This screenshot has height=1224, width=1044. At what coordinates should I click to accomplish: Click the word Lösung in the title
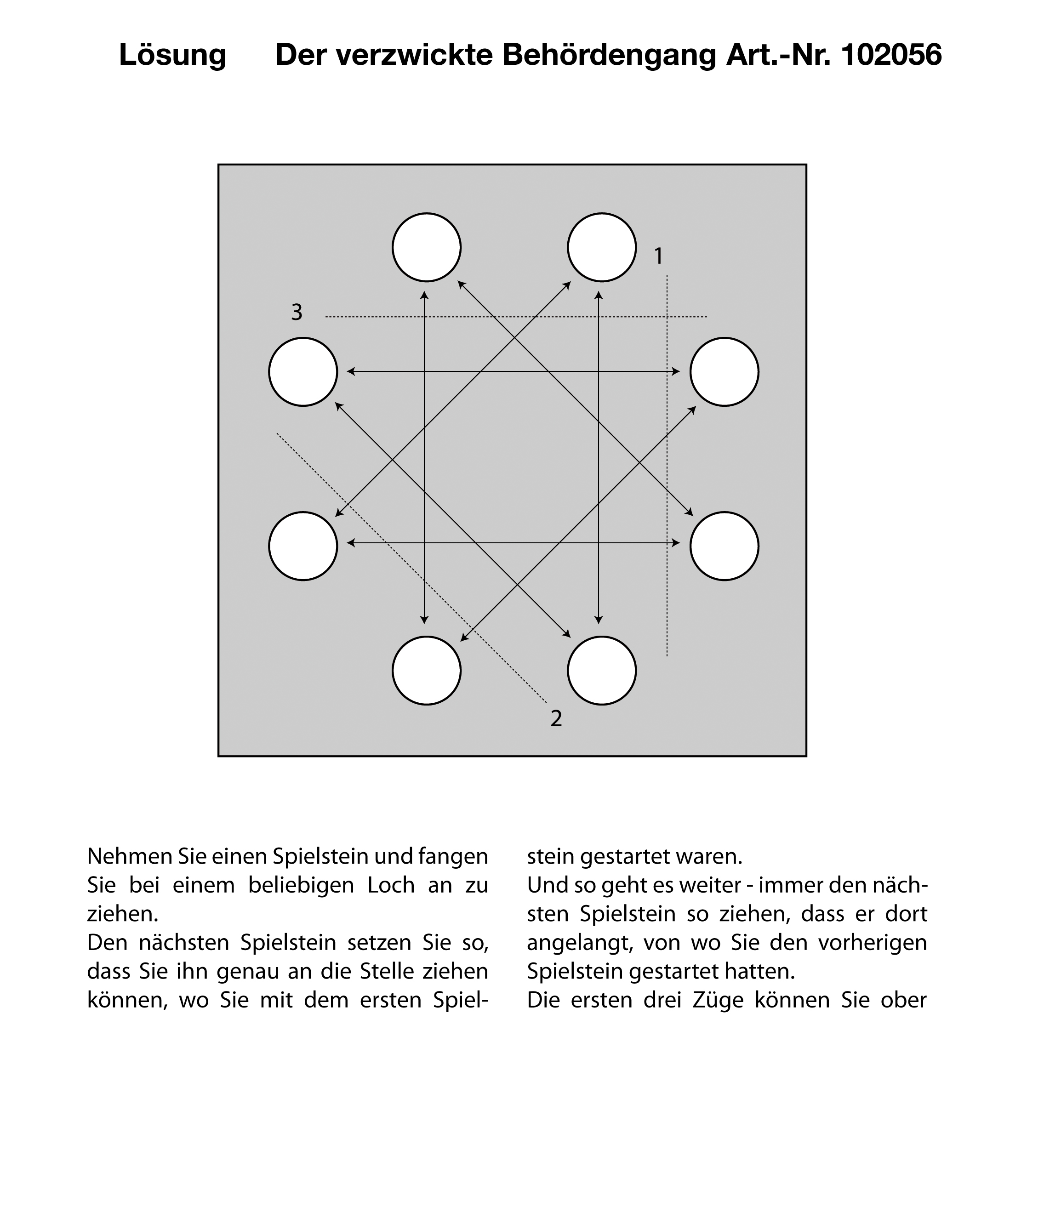pos(172,56)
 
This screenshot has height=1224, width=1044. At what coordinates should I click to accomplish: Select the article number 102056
pos(890,56)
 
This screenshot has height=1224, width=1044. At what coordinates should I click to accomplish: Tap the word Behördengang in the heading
pos(609,56)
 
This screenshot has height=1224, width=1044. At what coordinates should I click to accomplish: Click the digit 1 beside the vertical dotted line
pos(658,256)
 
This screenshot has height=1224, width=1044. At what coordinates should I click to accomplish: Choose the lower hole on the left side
pos(303,547)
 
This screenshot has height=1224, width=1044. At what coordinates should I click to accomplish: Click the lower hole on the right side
pos(725,547)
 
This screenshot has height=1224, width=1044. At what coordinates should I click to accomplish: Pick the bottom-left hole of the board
pos(427,671)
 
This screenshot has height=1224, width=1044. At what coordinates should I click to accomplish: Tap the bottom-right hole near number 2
pos(601,671)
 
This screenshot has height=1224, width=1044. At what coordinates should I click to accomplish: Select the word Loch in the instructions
pos(391,885)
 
